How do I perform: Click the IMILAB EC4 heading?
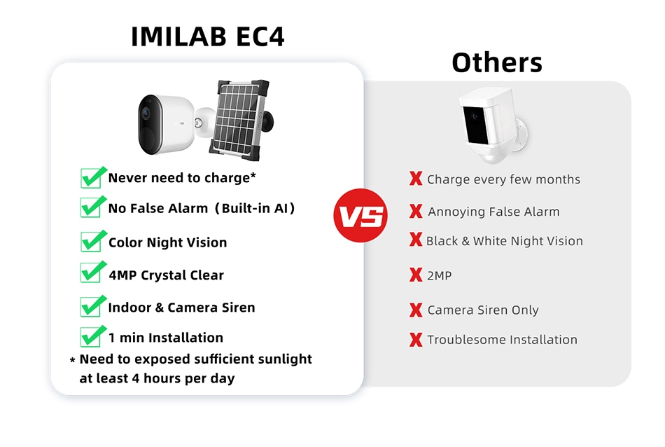coord(208,36)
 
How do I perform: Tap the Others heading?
coord(497,62)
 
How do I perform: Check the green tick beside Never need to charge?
coord(94,177)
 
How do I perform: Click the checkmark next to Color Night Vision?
coord(94,241)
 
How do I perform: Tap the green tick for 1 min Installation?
coord(94,336)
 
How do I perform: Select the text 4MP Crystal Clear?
coord(166,275)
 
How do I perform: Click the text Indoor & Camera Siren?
coord(181,308)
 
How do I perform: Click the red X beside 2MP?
coord(416,275)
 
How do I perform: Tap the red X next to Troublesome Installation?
coord(416,340)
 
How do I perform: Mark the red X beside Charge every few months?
coord(416,179)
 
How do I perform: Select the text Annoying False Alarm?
coord(493,212)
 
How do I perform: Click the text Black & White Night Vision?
coord(504,241)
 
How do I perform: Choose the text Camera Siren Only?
coord(483,310)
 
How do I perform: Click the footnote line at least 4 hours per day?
coord(157,378)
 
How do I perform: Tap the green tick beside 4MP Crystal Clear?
coord(94,273)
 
